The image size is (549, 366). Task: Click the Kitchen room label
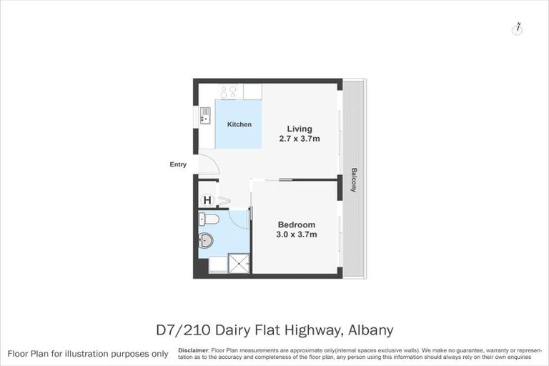tap(239, 124)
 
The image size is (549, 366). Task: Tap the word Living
tap(300, 129)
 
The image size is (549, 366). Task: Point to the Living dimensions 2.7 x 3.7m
tap(299, 139)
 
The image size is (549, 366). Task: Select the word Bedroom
tap(296, 224)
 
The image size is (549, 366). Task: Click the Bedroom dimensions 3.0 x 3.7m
tap(297, 234)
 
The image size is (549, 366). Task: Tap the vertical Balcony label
tap(354, 180)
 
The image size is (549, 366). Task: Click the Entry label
tap(178, 164)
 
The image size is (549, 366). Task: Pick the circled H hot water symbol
tap(207, 201)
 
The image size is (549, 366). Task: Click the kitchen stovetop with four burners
tap(229, 91)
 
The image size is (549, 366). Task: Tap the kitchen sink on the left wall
tap(204, 115)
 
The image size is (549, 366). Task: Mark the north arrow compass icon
tap(517, 29)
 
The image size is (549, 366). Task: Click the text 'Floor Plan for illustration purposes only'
tap(88, 354)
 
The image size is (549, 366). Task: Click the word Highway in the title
tap(310, 330)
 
